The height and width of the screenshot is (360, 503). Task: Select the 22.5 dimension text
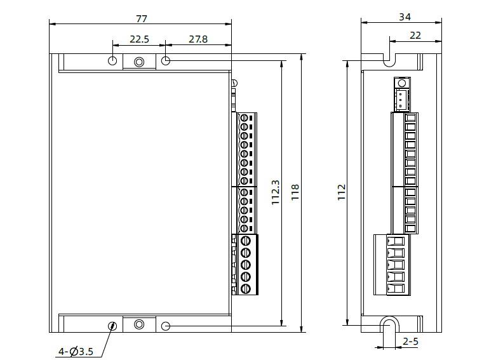point(139,39)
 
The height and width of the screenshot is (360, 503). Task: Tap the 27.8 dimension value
point(198,39)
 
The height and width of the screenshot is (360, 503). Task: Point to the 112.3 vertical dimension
point(276,192)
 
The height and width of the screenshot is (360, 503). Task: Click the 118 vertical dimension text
point(295,192)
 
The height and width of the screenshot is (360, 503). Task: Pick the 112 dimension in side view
point(341,192)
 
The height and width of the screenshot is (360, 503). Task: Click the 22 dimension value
point(415,36)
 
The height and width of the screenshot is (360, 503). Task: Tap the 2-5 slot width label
point(410,342)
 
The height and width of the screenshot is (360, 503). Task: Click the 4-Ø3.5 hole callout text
point(76,351)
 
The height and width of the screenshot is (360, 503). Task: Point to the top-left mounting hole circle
point(112,60)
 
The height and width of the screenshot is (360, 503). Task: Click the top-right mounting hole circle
point(166,60)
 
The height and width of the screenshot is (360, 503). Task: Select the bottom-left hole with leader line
point(112,326)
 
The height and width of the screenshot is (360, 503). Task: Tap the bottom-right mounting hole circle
point(166,326)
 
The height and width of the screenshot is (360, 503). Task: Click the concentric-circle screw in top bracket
point(139,62)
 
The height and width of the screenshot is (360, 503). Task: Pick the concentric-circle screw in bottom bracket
point(139,324)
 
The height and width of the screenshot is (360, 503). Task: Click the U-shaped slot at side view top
point(389,58)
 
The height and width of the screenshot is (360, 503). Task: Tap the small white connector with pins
point(401,99)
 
